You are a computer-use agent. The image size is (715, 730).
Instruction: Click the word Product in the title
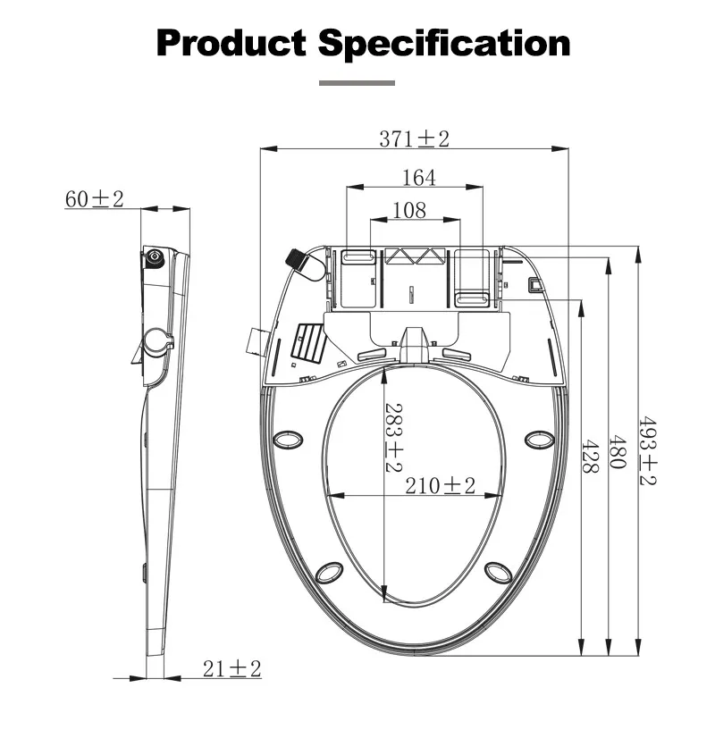pyautogui.click(x=231, y=43)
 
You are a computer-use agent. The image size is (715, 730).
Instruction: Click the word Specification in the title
pyautogui.click(x=444, y=43)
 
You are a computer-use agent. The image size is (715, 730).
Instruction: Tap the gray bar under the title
pyautogui.click(x=357, y=83)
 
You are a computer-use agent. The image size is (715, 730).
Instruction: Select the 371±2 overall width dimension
pyautogui.click(x=414, y=138)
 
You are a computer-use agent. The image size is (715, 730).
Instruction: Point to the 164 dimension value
pyautogui.click(x=418, y=178)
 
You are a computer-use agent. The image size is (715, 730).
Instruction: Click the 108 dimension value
pyautogui.click(x=409, y=210)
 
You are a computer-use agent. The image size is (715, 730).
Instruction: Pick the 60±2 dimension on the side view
pyautogui.click(x=94, y=199)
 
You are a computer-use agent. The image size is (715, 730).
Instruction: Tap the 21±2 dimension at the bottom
pyautogui.click(x=231, y=668)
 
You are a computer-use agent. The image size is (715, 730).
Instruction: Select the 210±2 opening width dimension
pyautogui.click(x=440, y=486)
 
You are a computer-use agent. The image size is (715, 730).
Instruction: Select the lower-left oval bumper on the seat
pyautogui.click(x=330, y=571)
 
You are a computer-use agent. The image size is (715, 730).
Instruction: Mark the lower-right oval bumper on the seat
pyautogui.click(x=498, y=571)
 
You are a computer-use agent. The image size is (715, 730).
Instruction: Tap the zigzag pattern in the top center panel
pyautogui.click(x=414, y=256)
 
